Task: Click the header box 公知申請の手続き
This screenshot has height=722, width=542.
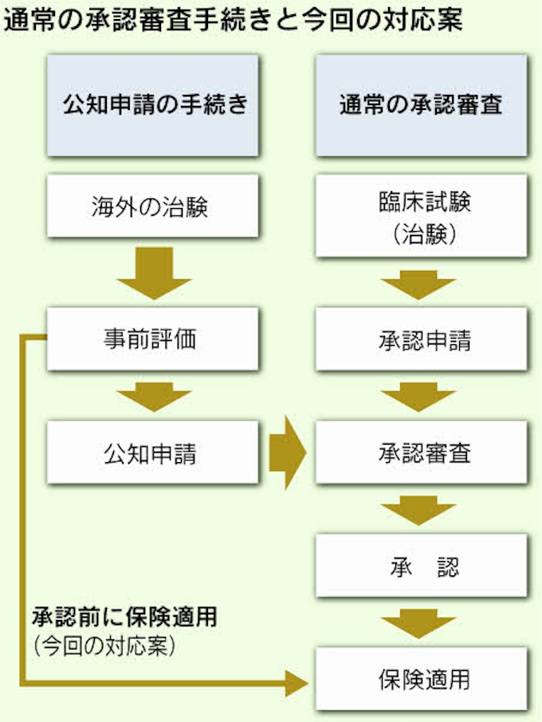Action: pos(152,105)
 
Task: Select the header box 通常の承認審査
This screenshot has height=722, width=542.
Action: pos(421,105)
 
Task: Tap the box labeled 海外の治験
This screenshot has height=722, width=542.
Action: pos(152,207)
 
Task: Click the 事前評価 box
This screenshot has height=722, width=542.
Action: pos(152,339)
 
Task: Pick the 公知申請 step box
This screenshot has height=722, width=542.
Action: pos(152,454)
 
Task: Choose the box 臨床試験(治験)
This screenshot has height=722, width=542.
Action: pos(421,216)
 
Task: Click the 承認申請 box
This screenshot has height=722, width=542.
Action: pos(421,340)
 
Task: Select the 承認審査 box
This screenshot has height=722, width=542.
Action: pos(421,454)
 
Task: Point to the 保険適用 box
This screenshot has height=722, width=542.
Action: pos(421,680)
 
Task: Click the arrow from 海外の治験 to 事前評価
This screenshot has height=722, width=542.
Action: pos(153,273)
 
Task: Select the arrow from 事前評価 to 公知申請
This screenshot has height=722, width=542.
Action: pos(153,396)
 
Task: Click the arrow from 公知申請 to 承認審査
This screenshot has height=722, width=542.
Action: pos(287,454)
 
